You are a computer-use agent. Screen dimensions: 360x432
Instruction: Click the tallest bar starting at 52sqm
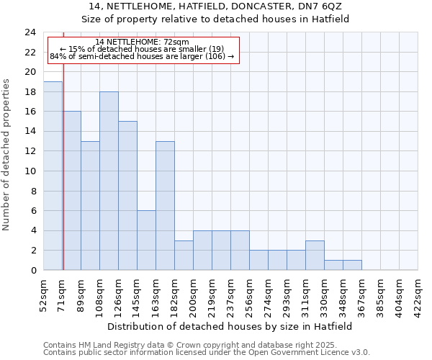[53, 176]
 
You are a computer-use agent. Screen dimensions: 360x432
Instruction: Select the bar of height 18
[109, 181]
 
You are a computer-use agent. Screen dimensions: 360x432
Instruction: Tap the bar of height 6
[146, 240]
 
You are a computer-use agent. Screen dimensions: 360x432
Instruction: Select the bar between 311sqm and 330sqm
[315, 256]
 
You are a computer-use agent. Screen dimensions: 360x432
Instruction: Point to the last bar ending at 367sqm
[352, 265]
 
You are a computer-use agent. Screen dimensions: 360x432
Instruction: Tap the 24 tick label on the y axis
[30, 32]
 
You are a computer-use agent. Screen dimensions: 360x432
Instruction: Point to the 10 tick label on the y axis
[30, 171]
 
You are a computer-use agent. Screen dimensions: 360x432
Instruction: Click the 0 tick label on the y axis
[32, 271]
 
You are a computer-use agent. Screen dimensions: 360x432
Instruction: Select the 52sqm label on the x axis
[43, 292]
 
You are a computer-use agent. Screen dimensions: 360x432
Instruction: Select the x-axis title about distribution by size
[230, 326]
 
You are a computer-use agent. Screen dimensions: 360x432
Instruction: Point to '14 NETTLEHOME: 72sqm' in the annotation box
[142, 42]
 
